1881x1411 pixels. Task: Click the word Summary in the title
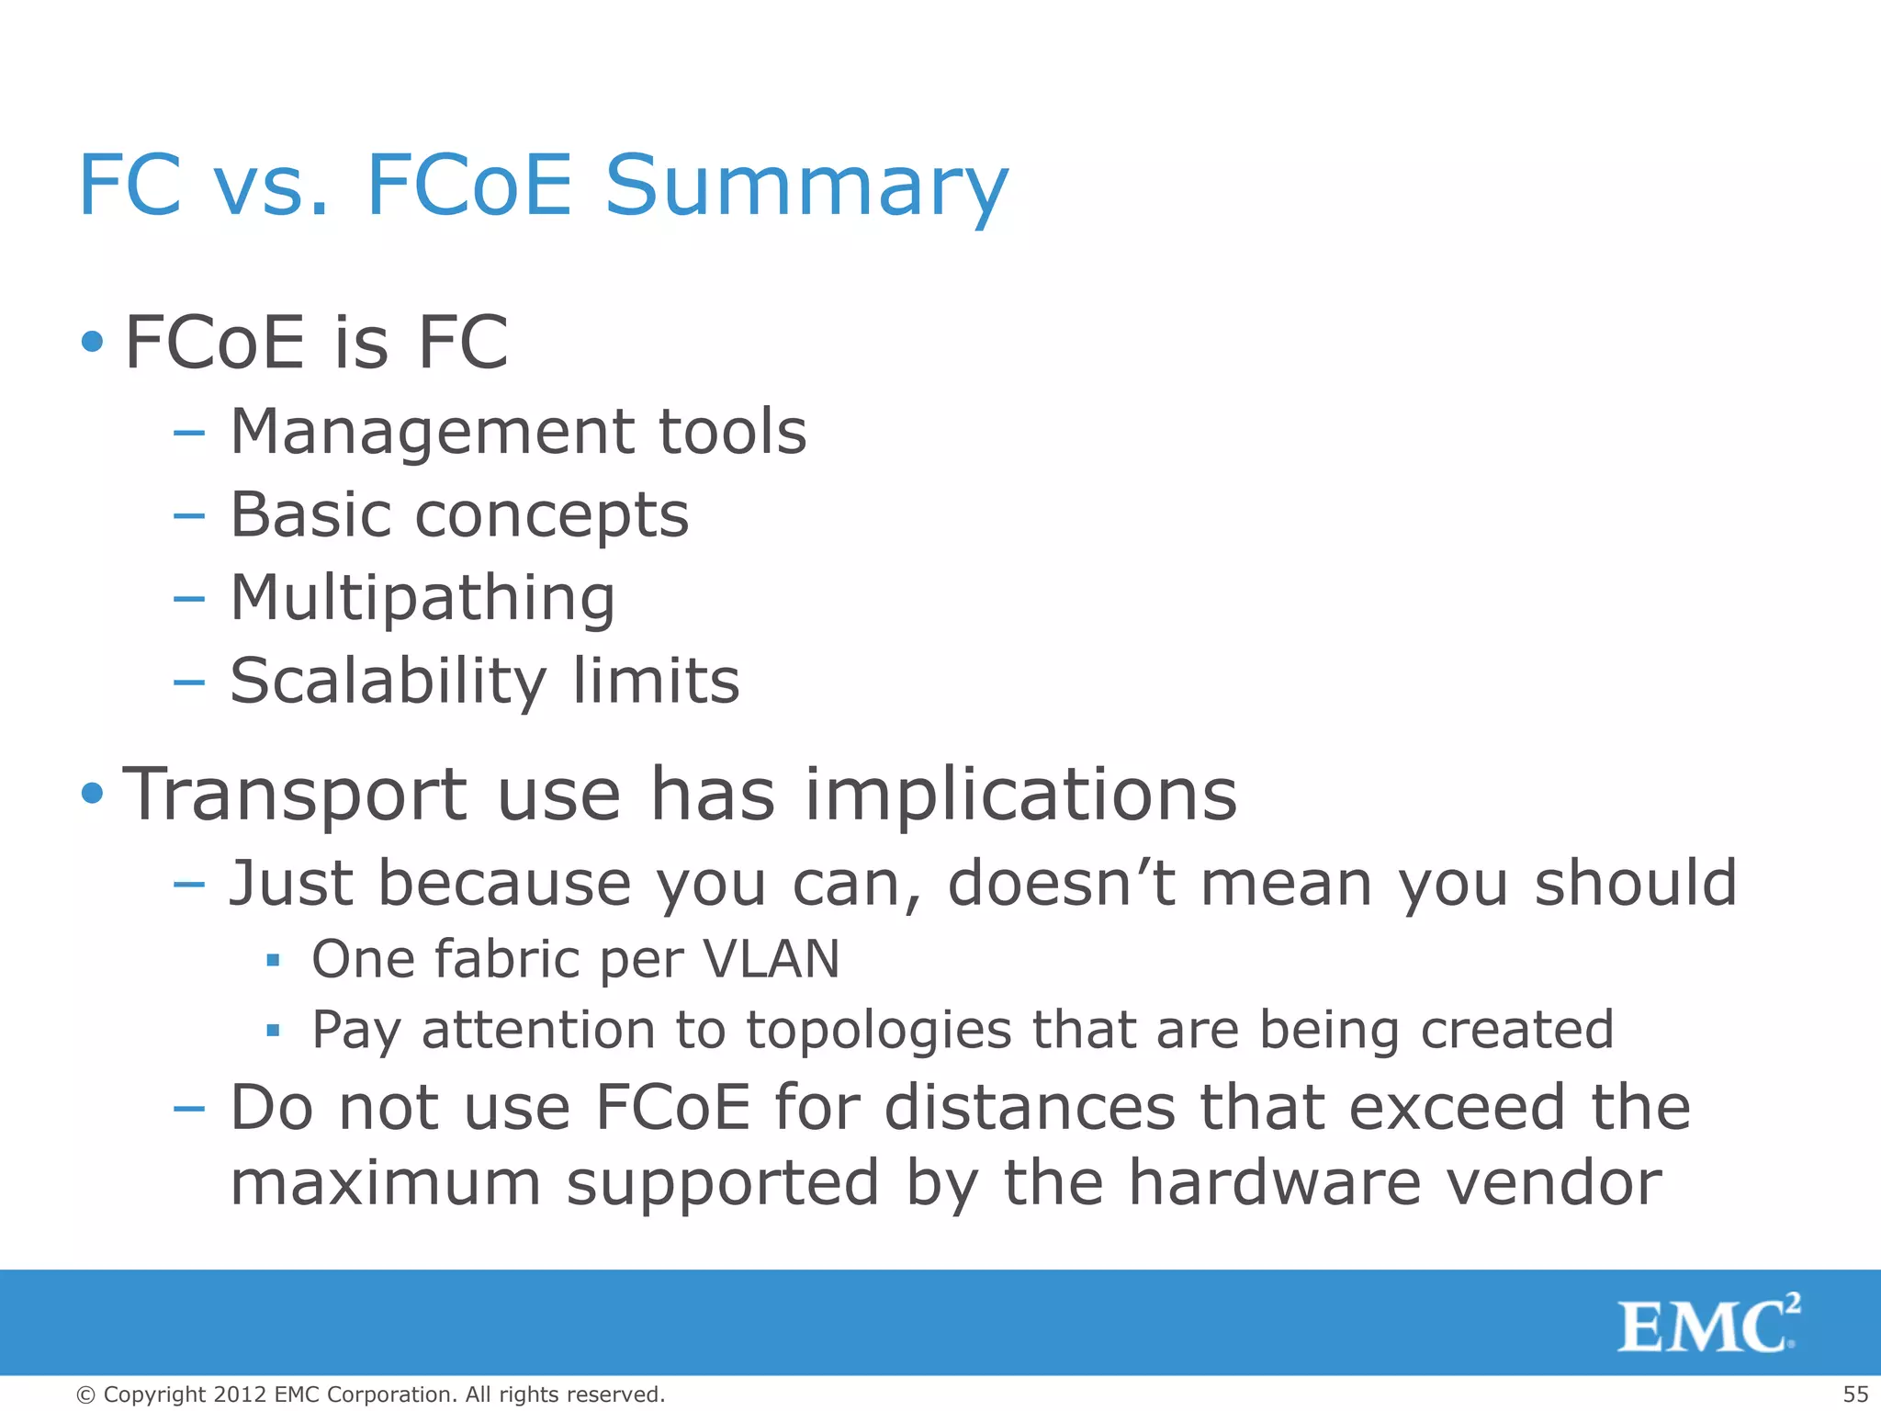(x=806, y=186)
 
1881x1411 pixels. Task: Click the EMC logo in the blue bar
(x=1706, y=1325)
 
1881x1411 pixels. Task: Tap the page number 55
(x=1854, y=1394)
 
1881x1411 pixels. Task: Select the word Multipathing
(x=422, y=598)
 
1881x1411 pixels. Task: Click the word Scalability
(x=388, y=682)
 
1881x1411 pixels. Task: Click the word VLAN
(x=771, y=959)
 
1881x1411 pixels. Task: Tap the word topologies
(x=879, y=1030)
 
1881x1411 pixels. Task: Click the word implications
(x=1020, y=794)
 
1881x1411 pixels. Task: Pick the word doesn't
(x=1061, y=883)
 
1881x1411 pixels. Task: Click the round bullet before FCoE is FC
(x=92, y=343)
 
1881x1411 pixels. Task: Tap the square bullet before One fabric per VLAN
(x=273, y=961)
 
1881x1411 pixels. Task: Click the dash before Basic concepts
(x=188, y=516)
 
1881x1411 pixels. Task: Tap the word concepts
(x=551, y=515)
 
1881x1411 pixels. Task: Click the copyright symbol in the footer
(x=85, y=1394)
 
